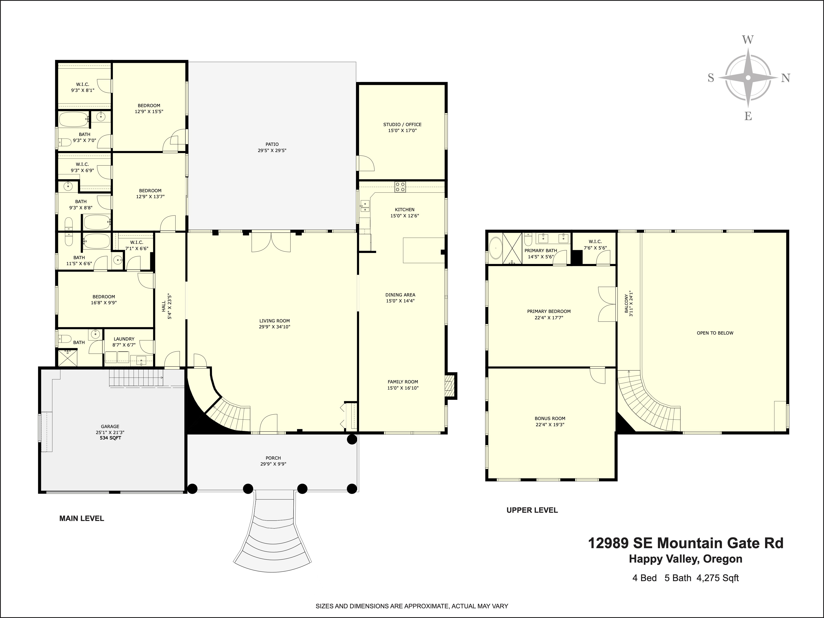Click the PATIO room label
click(272, 147)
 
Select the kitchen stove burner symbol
click(400, 187)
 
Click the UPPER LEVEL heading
click(532, 510)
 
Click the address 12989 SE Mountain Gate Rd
click(685, 543)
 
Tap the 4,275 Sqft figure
click(717, 578)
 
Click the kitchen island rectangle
click(424, 250)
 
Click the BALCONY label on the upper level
click(629, 304)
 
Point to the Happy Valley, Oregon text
click(685, 559)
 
